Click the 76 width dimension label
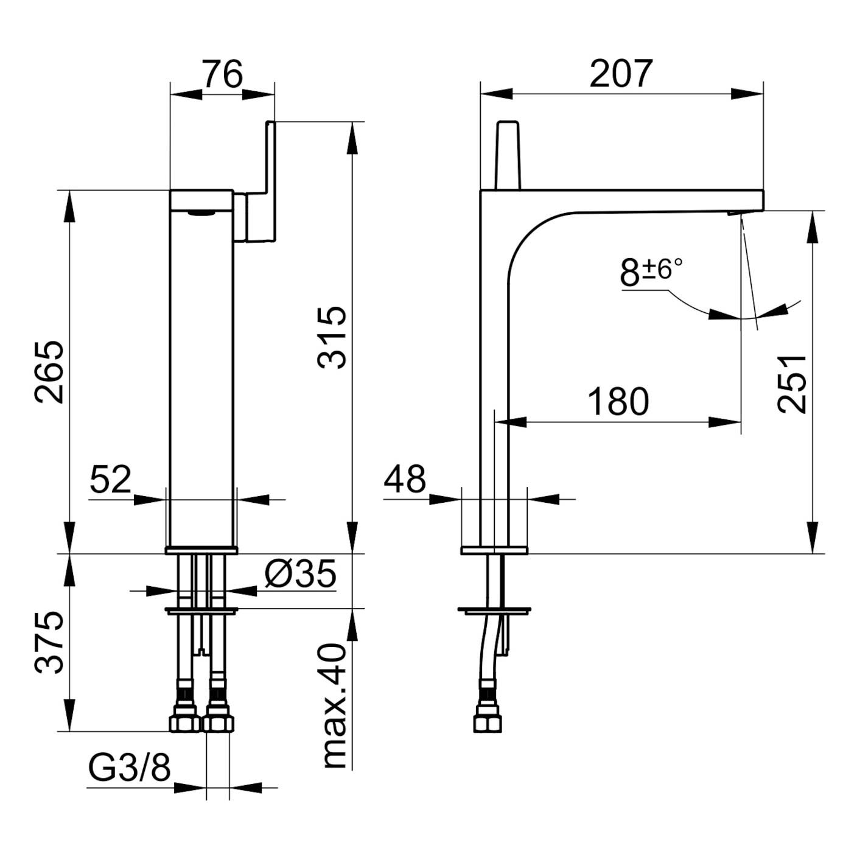[223, 75]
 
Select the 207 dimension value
[621, 74]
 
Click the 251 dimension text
[792, 383]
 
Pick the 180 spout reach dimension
[618, 402]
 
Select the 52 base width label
[111, 479]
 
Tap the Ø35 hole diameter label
[300, 574]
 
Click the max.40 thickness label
[334, 705]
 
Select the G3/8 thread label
[130, 768]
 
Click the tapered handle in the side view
[508, 155]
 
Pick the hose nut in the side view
[488, 720]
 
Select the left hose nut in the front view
[184, 720]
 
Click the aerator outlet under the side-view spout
[733, 212]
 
